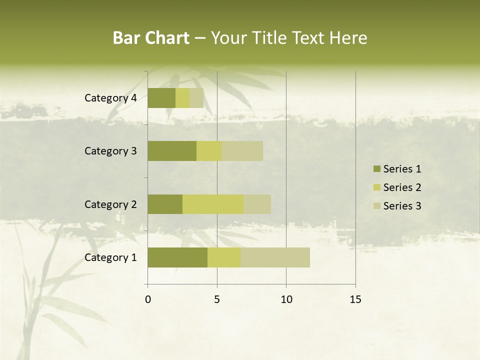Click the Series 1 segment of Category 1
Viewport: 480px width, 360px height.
coord(177,257)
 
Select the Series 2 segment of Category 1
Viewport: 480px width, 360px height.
coord(224,257)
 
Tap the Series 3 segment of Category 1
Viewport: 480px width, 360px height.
coord(275,257)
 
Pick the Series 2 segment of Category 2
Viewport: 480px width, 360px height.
coord(213,204)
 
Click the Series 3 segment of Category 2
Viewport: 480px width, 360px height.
coord(257,204)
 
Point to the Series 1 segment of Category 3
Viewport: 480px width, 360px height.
coord(172,151)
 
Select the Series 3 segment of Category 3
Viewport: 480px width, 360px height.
coord(242,151)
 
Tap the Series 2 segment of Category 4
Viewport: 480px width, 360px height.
coord(182,98)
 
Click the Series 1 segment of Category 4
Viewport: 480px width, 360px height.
coord(161,98)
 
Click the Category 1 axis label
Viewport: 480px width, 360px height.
coord(110,257)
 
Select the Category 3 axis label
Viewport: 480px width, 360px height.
coord(110,151)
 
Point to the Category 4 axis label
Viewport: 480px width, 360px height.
coord(110,98)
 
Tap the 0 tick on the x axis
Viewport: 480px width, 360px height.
coord(148,299)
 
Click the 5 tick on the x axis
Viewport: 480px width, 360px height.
coord(217,299)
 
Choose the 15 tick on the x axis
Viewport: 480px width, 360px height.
coord(355,299)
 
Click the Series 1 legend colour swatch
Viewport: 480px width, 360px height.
coord(377,169)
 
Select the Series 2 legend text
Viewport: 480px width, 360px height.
coord(402,187)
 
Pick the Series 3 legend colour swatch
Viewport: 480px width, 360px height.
coord(377,206)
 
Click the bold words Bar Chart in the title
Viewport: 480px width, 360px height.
coord(151,38)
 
